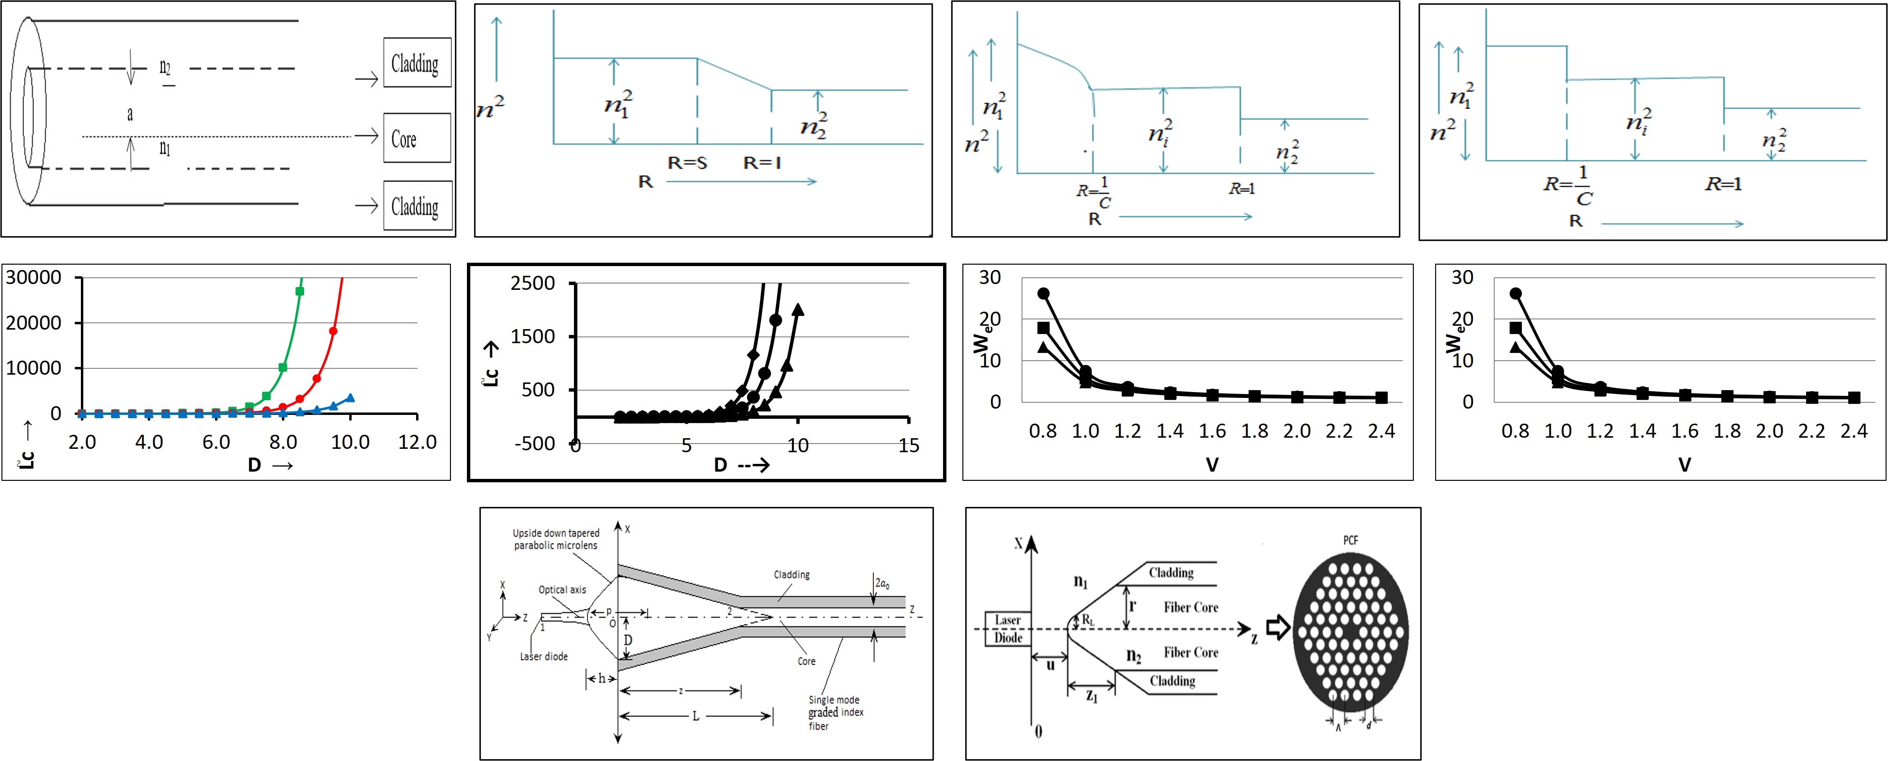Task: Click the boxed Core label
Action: coord(416,138)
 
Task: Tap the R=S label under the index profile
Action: coord(687,163)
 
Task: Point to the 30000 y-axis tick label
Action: coord(34,278)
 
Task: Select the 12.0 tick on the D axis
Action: coord(417,442)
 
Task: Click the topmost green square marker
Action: coord(299,291)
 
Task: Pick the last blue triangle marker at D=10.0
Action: coord(350,398)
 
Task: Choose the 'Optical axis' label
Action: coord(562,589)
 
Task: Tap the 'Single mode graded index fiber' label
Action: coord(836,713)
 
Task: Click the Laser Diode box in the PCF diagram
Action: coord(1008,629)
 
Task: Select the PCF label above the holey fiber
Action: coord(1350,540)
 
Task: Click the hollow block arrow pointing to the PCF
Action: coord(1278,628)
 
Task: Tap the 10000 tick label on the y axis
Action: coord(34,368)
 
